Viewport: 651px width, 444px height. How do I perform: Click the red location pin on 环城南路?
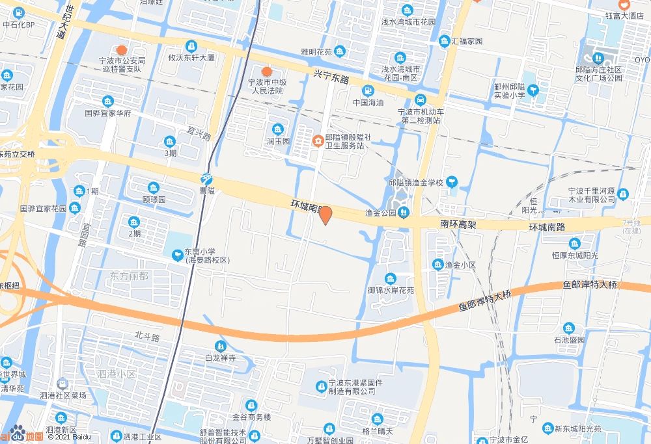[326, 215]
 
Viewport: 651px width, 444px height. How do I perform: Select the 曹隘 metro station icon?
[206, 179]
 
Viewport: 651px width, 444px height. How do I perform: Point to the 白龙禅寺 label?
[220, 358]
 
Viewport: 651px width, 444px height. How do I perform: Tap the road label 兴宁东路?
[331, 76]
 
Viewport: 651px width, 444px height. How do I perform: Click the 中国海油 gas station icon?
[368, 90]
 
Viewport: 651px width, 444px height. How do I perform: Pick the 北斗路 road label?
[147, 335]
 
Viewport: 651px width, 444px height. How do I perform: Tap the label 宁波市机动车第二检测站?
[421, 115]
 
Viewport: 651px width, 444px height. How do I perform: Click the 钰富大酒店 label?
[624, 16]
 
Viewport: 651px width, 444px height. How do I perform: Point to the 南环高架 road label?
[459, 224]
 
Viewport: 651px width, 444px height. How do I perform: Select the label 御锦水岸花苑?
[391, 290]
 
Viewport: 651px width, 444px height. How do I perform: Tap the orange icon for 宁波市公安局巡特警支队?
[121, 50]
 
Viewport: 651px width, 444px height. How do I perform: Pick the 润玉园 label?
[278, 140]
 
